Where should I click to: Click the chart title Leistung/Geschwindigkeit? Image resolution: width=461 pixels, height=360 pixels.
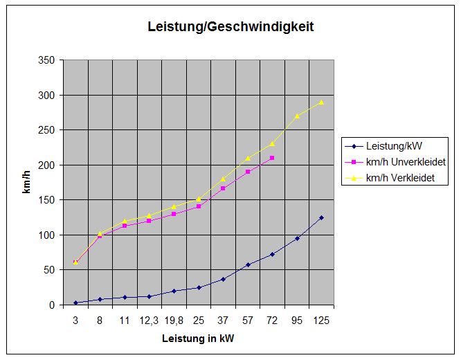(x=231, y=28)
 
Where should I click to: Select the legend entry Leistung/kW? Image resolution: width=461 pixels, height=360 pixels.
(x=393, y=146)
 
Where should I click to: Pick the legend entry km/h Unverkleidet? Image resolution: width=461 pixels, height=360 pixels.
(x=406, y=162)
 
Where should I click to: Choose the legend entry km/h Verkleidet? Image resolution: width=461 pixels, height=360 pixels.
(x=400, y=178)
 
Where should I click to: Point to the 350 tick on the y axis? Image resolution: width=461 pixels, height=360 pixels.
(x=47, y=60)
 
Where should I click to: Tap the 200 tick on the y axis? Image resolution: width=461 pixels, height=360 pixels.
(x=47, y=165)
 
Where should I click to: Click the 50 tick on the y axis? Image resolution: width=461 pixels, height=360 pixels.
(x=50, y=270)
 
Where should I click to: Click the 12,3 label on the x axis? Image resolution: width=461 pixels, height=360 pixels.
(x=149, y=321)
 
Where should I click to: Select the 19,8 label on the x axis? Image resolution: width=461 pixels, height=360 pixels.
(x=174, y=321)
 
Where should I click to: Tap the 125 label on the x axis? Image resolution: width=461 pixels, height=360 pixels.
(x=321, y=321)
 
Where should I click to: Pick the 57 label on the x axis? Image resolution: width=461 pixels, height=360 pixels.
(x=248, y=321)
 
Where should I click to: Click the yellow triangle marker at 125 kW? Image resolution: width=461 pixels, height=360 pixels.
(x=321, y=102)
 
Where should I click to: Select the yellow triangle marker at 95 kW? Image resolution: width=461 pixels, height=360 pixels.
(x=297, y=116)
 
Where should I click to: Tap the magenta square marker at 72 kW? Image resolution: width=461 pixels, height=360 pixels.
(x=272, y=158)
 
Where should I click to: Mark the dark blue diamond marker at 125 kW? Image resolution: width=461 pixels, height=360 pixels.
(x=321, y=217)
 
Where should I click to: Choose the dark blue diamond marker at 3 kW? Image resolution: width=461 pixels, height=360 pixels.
(x=75, y=303)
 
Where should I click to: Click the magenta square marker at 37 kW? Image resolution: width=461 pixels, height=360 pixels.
(x=223, y=188)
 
